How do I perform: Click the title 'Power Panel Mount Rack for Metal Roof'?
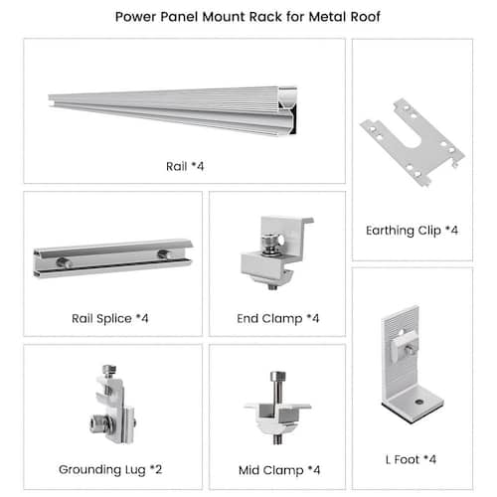(248, 17)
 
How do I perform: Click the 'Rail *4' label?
(185, 166)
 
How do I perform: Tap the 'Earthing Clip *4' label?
(412, 231)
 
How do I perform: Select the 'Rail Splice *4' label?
(110, 319)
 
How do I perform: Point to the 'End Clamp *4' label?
(278, 319)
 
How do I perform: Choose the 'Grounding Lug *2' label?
(110, 470)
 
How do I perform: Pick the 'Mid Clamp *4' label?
(279, 470)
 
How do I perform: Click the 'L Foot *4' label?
(411, 459)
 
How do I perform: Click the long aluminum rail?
(172, 111)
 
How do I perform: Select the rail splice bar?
(112, 258)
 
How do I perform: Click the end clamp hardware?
(275, 252)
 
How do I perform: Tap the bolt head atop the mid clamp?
(277, 376)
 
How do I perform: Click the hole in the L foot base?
(419, 402)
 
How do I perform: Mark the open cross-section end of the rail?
(287, 111)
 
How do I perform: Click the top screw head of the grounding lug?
(109, 370)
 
